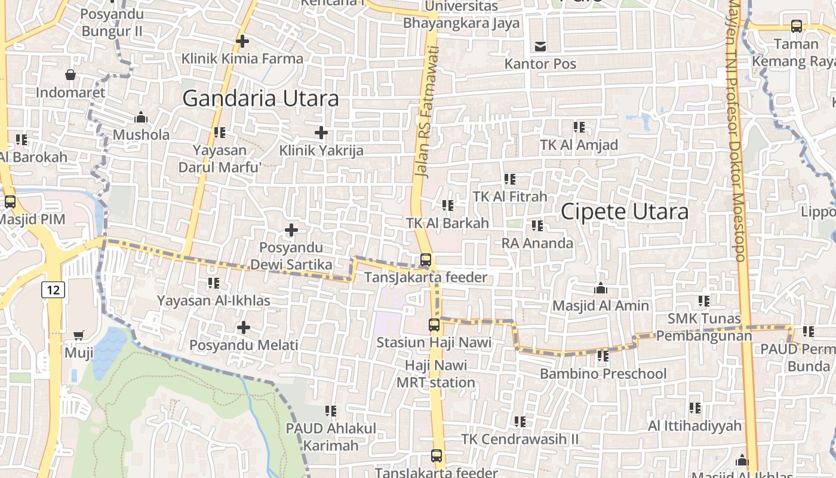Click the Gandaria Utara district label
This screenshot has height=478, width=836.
pyautogui.click(x=260, y=98)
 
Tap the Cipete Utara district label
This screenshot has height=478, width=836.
pyautogui.click(x=625, y=211)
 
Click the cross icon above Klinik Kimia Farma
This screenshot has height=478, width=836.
pyautogui.click(x=242, y=41)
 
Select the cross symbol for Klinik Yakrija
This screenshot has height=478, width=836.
pyautogui.click(x=321, y=132)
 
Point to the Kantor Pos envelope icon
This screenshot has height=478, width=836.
pyautogui.click(x=540, y=46)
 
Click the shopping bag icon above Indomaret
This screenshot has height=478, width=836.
pyautogui.click(x=70, y=75)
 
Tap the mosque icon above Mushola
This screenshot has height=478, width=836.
pyautogui.click(x=141, y=117)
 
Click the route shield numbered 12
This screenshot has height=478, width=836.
pyautogui.click(x=53, y=290)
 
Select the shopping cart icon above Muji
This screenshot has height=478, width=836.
pyautogui.click(x=79, y=335)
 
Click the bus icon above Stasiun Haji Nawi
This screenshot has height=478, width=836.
pyautogui.click(x=434, y=325)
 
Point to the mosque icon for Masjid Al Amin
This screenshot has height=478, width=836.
pyautogui.click(x=601, y=289)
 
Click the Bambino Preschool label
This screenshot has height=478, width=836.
pyautogui.click(x=603, y=373)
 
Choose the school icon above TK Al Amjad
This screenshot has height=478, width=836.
pyautogui.click(x=579, y=127)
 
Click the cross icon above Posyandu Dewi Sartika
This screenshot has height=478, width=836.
pyautogui.click(x=291, y=230)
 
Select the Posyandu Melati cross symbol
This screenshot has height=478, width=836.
pyautogui.click(x=244, y=327)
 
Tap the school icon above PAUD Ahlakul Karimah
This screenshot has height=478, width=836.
pyautogui.click(x=331, y=411)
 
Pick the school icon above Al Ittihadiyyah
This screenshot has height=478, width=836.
pyautogui.click(x=695, y=408)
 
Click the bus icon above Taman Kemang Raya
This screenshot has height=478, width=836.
pyautogui.click(x=797, y=26)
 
